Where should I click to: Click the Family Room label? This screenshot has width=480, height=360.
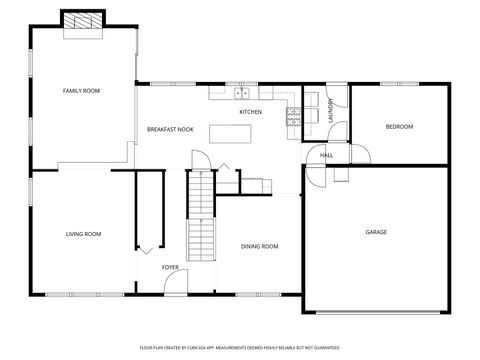[81, 91]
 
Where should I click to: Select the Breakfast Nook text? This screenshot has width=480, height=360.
[170, 129]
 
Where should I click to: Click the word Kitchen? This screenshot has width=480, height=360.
[250, 112]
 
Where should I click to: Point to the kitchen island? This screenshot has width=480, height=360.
[237, 133]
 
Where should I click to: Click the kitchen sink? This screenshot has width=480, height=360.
[242, 94]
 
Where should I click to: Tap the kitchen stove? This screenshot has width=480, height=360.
[293, 117]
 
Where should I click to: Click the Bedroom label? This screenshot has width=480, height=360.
[400, 127]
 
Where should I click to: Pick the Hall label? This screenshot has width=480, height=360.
[327, 156]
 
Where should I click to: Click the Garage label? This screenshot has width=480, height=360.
[376, 232]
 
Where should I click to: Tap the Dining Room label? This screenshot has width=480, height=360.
[259, 246]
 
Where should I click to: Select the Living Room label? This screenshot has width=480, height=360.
[84, 234]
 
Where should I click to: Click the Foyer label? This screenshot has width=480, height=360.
[171, 268]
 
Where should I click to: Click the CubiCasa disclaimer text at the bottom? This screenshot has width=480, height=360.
[240, 347]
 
